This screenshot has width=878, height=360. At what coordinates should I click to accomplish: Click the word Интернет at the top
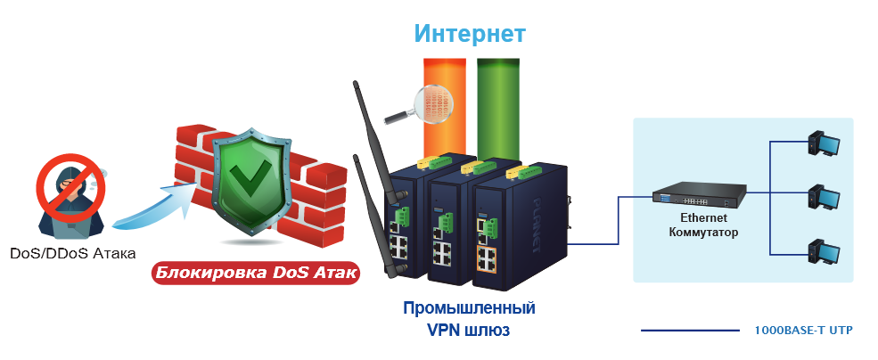tap(470, 34)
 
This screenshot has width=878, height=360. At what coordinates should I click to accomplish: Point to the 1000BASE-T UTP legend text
tap(803, 331)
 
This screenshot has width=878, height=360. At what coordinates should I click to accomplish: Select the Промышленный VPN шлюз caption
tap(469, 319)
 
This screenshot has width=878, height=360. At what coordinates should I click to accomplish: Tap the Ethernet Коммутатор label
tap(703, 225)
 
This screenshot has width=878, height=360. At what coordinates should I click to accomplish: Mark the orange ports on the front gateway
tap(488, 260)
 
